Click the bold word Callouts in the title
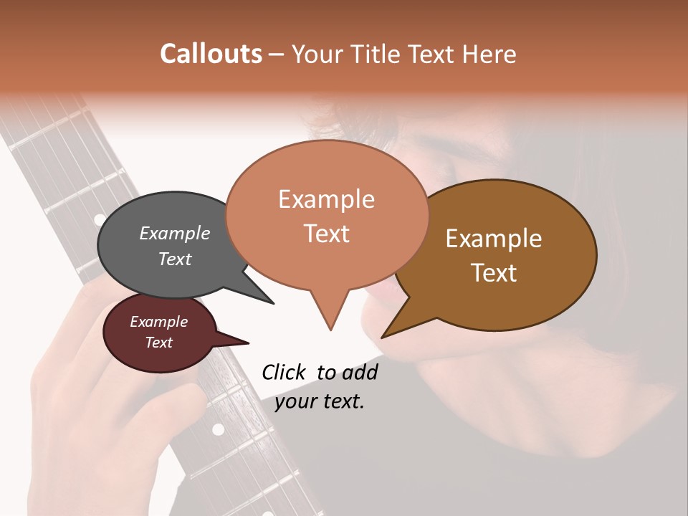coord(211,54)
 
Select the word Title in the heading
coord(377,54)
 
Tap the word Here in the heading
coord(489,54)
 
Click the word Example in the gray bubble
coord(174,233)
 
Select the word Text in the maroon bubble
coord(158,343)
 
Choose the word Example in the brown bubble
coord(493,239)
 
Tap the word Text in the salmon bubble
coord(326,234)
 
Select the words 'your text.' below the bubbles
coord(320,401)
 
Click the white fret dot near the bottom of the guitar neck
coord(218,429)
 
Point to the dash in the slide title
coord(277,54)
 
